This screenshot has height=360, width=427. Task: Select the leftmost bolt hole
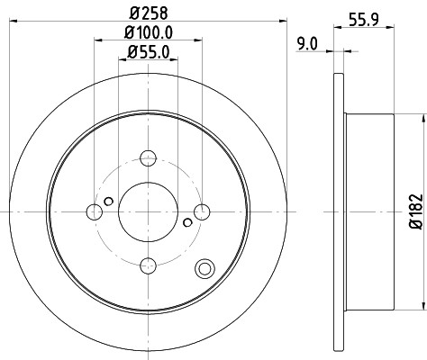pyautogui.click(x=94, y=212)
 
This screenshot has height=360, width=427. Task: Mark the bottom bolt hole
pyautogui.click(x=147, y=265)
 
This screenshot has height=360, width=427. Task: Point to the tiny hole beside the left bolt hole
pyautogui.click(x=108, y=201)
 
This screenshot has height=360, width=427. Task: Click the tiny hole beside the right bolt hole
pyautogui.click(x=186, y=223)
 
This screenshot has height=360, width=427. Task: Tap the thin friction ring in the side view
pyautogui.click(x=339, y=210)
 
